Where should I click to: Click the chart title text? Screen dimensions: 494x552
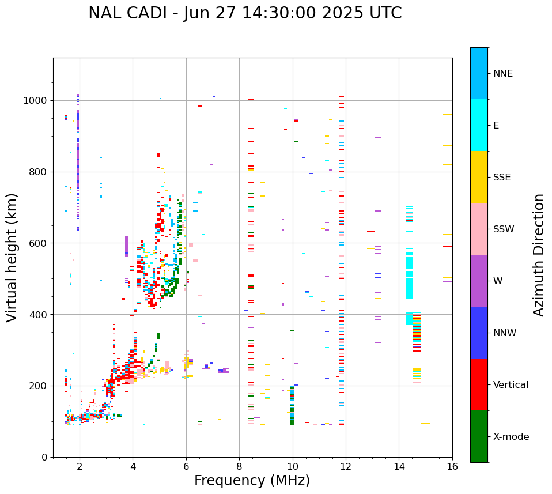[245, 13]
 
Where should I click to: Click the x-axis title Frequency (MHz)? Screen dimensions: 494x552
[252, 481]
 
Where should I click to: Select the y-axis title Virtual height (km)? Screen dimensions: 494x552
[12, 258]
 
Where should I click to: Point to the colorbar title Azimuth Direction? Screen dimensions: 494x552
[539, 255]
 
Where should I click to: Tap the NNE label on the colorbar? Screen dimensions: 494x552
[502, 74]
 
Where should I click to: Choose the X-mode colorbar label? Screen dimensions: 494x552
[511, 437]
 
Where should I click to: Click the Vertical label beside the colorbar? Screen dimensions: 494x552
[511, 385]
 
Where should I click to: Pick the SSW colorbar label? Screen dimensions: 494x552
[504, 229]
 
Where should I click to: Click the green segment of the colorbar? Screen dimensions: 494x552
[479, 436]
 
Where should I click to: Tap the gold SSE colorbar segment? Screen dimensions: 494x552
[479, 177]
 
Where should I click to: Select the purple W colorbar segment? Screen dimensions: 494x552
[479, 281]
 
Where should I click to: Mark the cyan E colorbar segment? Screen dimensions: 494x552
[479, 125]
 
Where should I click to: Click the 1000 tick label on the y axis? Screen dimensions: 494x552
[35, 101]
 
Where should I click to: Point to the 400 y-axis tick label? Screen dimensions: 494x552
[38, 315]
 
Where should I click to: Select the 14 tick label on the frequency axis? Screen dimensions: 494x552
[399, 466]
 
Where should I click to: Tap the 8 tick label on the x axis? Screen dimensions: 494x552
[239, 466]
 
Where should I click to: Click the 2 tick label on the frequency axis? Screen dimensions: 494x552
[80, 466]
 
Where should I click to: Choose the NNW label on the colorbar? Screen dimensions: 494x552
[505, 333]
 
